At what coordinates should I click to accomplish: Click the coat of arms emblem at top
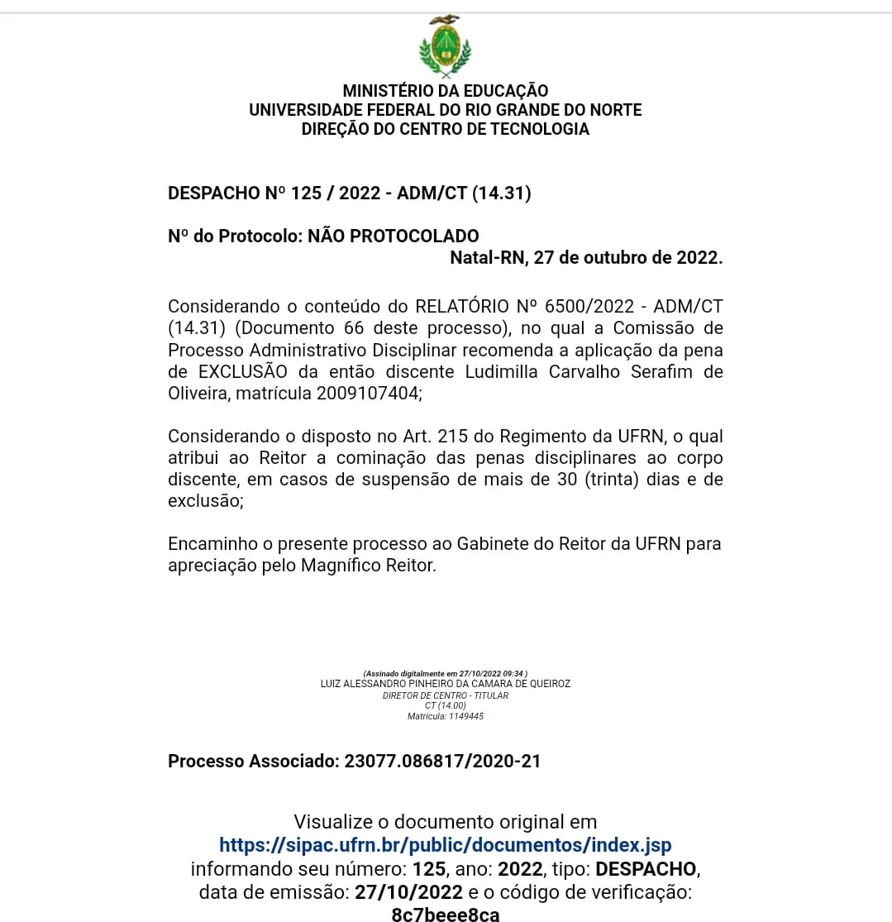445,47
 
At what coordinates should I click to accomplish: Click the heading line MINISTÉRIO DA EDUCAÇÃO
445,91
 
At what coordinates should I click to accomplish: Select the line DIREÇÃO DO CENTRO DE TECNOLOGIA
445,129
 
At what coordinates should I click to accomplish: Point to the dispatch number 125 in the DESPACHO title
306,193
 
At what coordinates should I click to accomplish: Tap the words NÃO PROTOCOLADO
394,236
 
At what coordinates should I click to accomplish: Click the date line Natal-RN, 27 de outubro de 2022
586,257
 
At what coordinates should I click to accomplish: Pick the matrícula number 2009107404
368,394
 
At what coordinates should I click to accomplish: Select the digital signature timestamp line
445,674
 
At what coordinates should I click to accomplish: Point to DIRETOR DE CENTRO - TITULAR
445,695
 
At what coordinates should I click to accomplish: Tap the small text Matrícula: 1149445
445,716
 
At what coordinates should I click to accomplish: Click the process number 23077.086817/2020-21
442,761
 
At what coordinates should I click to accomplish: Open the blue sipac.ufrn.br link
445,845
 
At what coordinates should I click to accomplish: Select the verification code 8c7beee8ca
445,914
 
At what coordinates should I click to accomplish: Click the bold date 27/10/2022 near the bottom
408,892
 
